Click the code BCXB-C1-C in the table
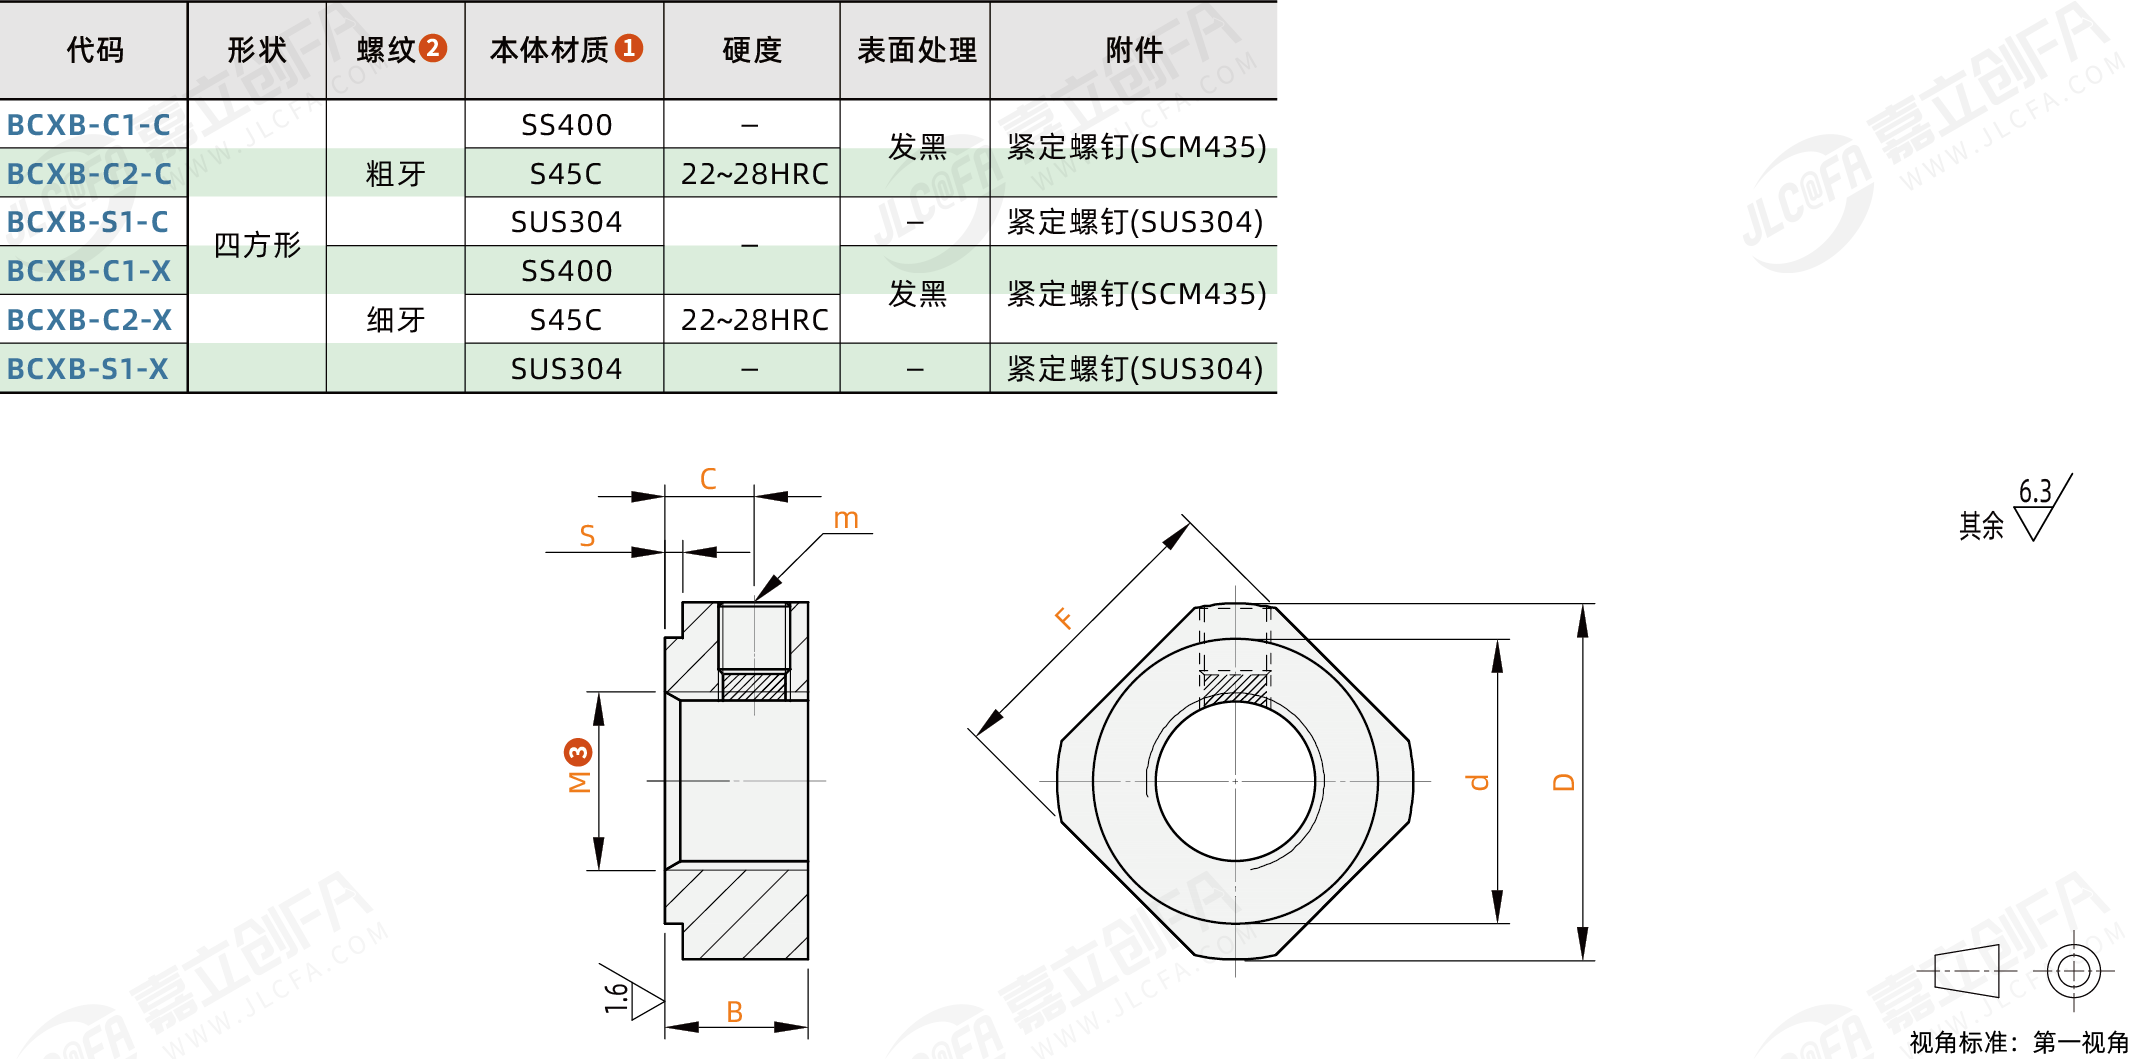(x=89, y=125)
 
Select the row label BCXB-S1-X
(x=88, y=369)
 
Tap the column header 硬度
(x=752, y=50)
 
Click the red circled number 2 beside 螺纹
(x=433, y=48)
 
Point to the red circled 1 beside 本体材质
(x=629, y=48)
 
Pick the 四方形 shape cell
(x=257, y=245)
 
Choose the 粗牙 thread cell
(x=396, y=174)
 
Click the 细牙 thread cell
(x=396, y=320)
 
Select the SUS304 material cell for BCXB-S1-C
(x=566, y=222)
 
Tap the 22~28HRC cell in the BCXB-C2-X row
(x=755, y=320)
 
